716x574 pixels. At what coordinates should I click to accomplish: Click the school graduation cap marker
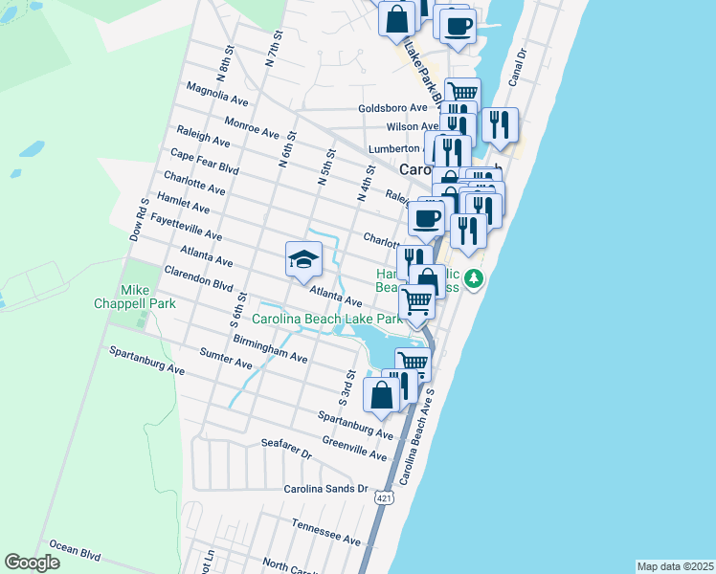point(303,259)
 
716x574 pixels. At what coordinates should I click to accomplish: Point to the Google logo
point(32,563)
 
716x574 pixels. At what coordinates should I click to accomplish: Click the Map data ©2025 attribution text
point(675,566)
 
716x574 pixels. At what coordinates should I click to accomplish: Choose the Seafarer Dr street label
point(286,449)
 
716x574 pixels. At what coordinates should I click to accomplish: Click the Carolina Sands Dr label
point(325,488)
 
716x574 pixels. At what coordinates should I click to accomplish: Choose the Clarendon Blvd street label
point(199,279)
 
